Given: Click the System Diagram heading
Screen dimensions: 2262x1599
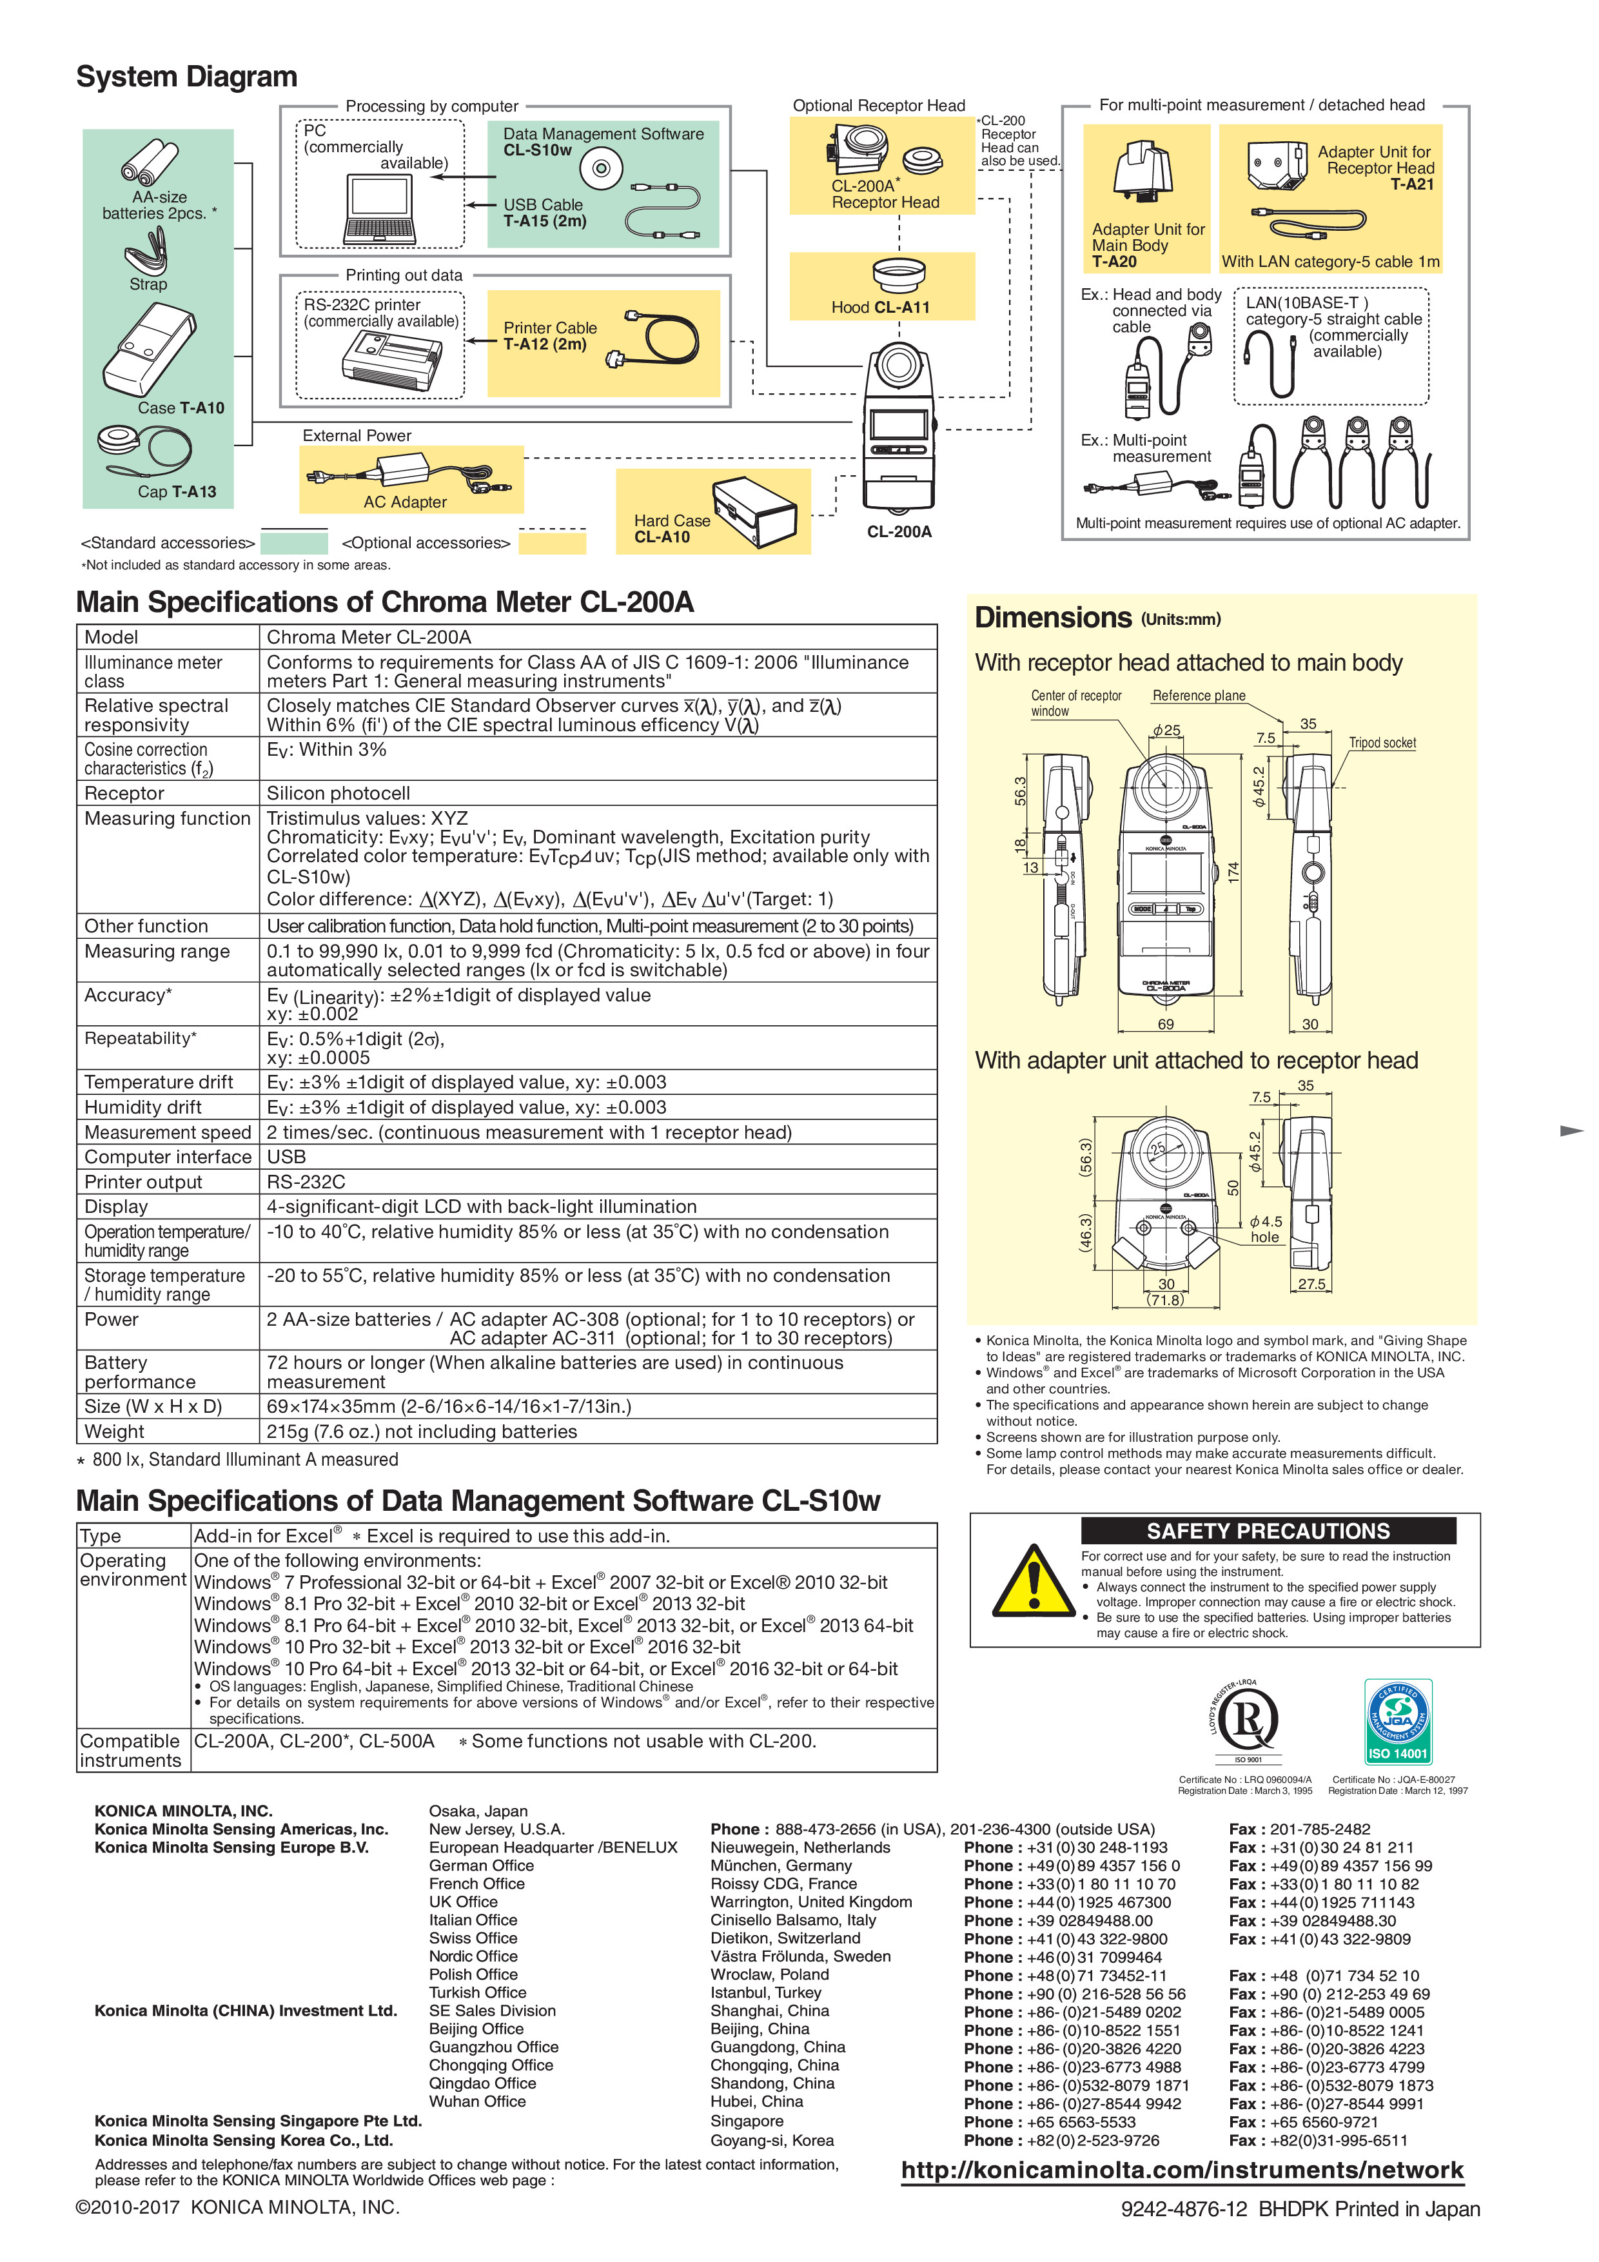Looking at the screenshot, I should click(186, 77).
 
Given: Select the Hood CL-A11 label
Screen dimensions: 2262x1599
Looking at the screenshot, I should click(880, 308).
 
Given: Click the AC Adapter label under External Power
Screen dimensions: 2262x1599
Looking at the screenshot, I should click(405, 502).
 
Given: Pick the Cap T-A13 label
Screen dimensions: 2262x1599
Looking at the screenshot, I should click(177, 491).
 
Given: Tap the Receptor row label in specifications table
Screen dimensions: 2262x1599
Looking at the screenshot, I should click(124, 793).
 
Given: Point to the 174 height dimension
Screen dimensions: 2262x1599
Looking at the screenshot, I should click(1233, 871).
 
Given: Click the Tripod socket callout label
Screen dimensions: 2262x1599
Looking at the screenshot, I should click(1382, 743).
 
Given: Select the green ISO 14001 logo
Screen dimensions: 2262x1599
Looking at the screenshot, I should click(1397, 1721).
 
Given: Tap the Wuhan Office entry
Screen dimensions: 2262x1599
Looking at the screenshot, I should click(477, 2101).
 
